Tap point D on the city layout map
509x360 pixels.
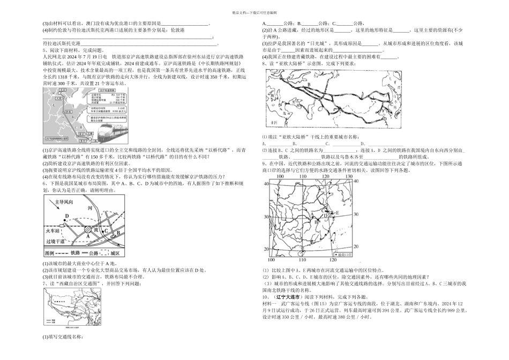coord(66,216)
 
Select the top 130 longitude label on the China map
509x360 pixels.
coord(349,176)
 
